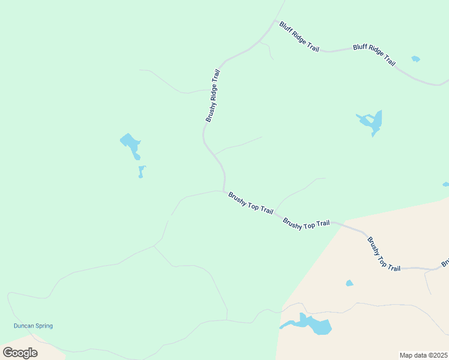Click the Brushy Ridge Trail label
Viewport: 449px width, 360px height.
(213, 96)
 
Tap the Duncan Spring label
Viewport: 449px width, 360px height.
(33, 326)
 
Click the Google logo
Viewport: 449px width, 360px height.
(20, 352)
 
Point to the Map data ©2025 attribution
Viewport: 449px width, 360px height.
(423, 355)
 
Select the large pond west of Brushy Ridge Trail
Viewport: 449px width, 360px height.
(131, 144)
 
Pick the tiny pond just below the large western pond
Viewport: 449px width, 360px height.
(141, 172)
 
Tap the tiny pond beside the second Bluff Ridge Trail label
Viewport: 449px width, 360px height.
(415, 59)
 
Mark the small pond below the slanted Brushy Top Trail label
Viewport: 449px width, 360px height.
(349, 283)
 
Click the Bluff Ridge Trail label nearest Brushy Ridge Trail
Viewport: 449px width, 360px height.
(299, 37)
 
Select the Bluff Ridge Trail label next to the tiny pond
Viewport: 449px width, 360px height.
(375, 55)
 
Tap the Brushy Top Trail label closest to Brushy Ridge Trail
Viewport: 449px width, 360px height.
(251, 203)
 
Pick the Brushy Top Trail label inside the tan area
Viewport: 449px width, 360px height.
(384, 254)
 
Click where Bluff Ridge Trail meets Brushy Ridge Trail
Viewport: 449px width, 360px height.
(276, 22)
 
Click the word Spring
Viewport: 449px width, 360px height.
(44, 326)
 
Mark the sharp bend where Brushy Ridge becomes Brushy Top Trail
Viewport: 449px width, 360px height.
(224, 190)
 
